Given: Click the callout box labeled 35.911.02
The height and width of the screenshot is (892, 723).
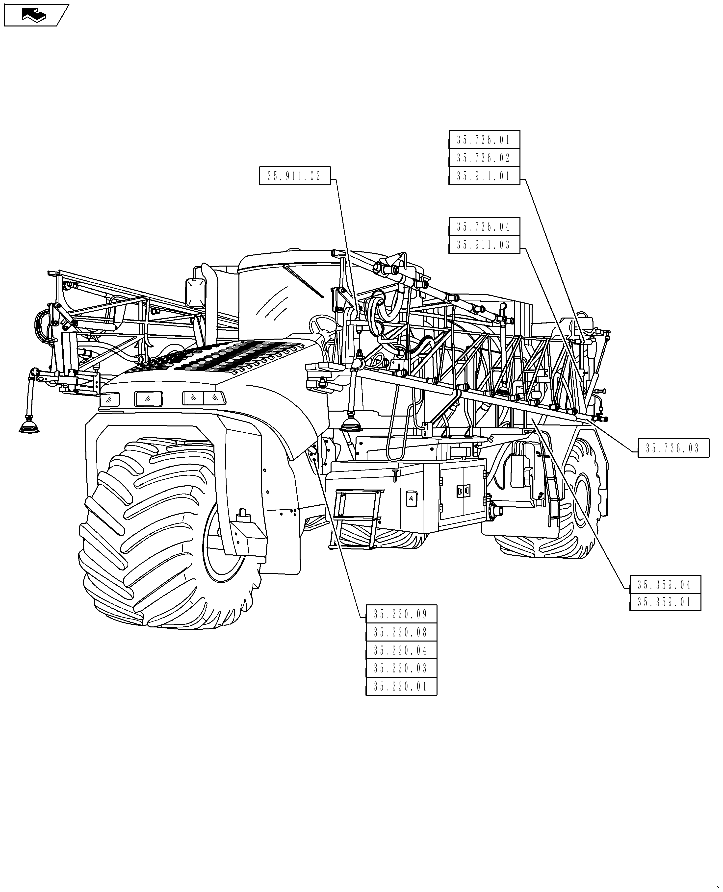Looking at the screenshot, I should pyautogui.click(x=295, y=176).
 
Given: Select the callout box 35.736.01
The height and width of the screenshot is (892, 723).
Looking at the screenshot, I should pyautogui.click(x=484, y=140).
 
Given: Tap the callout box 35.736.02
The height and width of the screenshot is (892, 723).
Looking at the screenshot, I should pyautogui.click(x=484, y=158).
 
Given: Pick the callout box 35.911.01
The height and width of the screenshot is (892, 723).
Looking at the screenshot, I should pyautogui.click(x=484, y=176).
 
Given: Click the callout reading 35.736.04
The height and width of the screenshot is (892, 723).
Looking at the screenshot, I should pyautogui.click(x=484, y=227).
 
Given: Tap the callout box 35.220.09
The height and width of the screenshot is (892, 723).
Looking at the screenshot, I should pyautogui.click(x=401, y=614).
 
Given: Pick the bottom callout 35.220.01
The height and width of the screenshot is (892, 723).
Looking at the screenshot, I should pyautogui.click(x=401, y=686).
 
